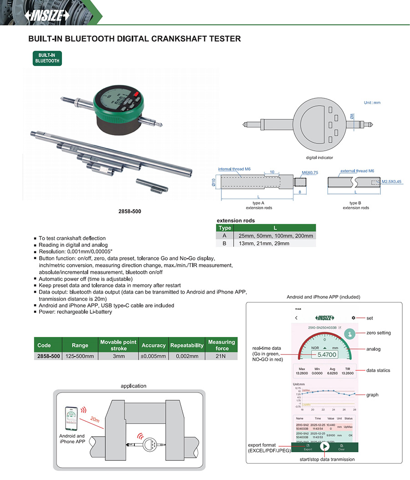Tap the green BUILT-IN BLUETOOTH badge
tap(46, 58)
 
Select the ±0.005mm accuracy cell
tap(154, 356)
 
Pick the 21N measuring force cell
tap(221, 356)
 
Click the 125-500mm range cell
tap(80, 356)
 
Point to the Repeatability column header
tap(187, 345)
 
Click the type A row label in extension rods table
tap(225, 235)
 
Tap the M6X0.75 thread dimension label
tap(310, 173)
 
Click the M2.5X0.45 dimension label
tap(391, 181)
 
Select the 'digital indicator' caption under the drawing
tap(319, 158)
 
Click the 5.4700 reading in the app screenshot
tap(327, 354)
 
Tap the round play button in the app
tap(324, 446)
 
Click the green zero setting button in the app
tap(350, 333)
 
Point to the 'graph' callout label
tap(372, 395)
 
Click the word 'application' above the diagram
tap(133, 386)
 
